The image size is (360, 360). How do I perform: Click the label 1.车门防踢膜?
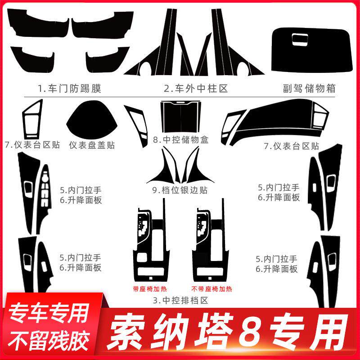click(x=70, y=88)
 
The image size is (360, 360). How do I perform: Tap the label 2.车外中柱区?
click(x=196, y=88)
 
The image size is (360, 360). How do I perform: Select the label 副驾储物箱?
click(x=309, y=88)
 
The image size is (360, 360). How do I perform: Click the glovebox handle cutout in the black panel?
click(x=300, y=39)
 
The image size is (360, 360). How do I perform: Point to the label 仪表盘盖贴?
click(x=92, y=145)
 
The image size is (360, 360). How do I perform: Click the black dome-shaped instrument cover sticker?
click(x=92, y=120)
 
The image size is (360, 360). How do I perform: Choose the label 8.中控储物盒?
click(x=181, y=139)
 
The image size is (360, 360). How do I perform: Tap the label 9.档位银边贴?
click(x=180, y=190)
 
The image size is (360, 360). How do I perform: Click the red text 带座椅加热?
click(x=150, y=289)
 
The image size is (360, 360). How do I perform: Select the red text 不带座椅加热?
click(x=211, y=289)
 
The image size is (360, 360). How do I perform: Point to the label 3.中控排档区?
click(x=180, y=300)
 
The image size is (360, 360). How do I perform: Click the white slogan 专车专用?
click(x=49, y=313)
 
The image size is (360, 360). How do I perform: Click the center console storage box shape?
click(x=180, y=117)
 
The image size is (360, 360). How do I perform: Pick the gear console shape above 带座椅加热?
click(x=152, y=243)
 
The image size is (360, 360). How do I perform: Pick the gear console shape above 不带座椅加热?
click(x=211, y=243)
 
